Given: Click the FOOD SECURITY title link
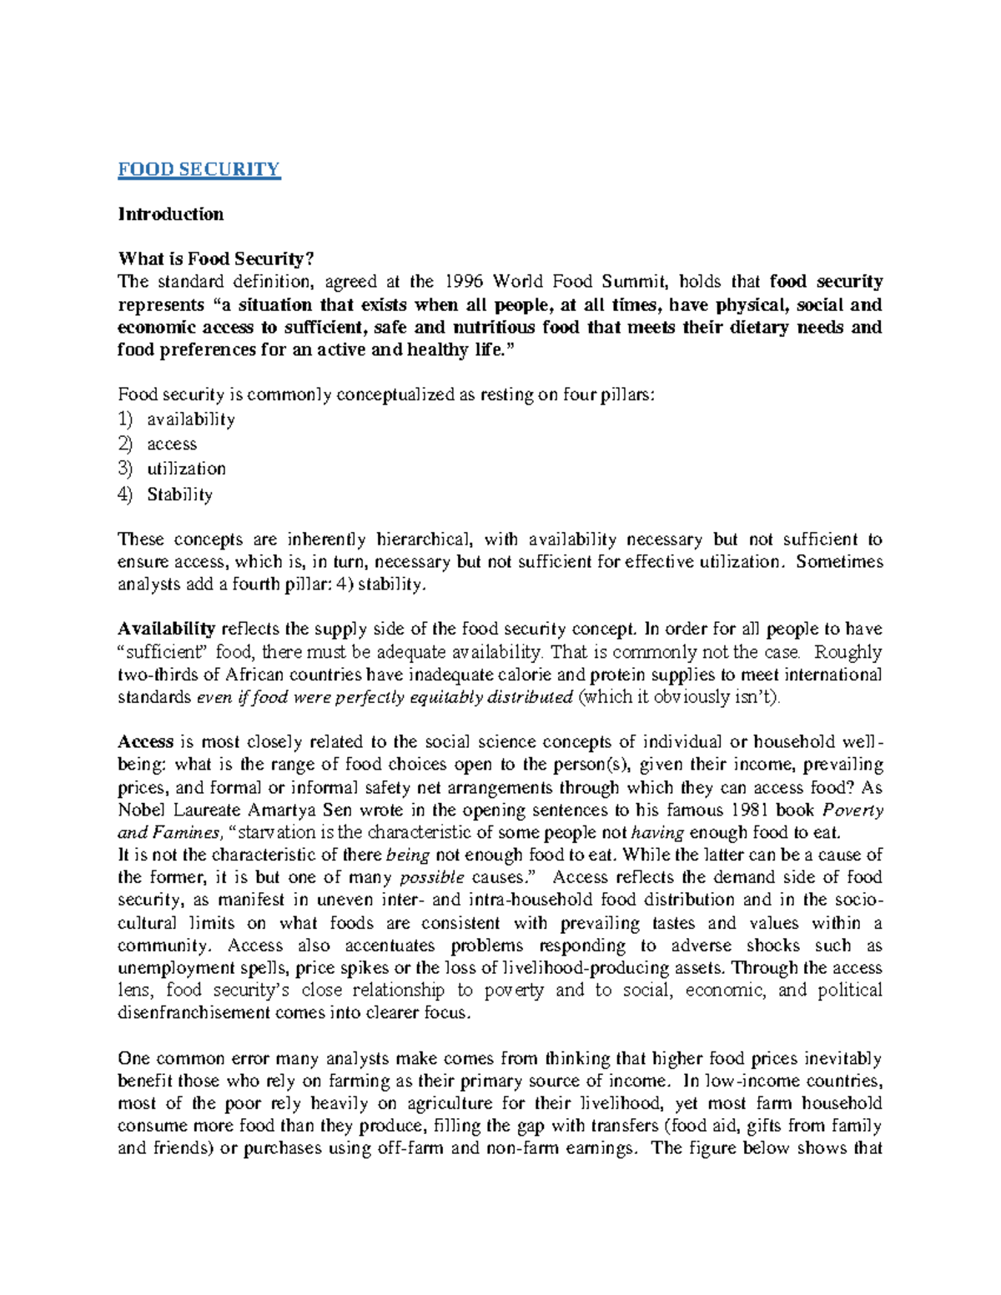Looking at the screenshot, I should click(199, 169).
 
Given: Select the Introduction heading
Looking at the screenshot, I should click(170, 214).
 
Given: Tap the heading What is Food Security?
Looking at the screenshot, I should click(215, 259).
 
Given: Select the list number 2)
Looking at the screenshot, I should click(125, 444).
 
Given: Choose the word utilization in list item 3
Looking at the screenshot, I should click(186, 469).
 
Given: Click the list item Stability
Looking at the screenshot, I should click(179, 494).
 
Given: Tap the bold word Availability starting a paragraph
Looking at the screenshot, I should click(167, 630).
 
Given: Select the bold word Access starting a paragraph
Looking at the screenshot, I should click(145, 742).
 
